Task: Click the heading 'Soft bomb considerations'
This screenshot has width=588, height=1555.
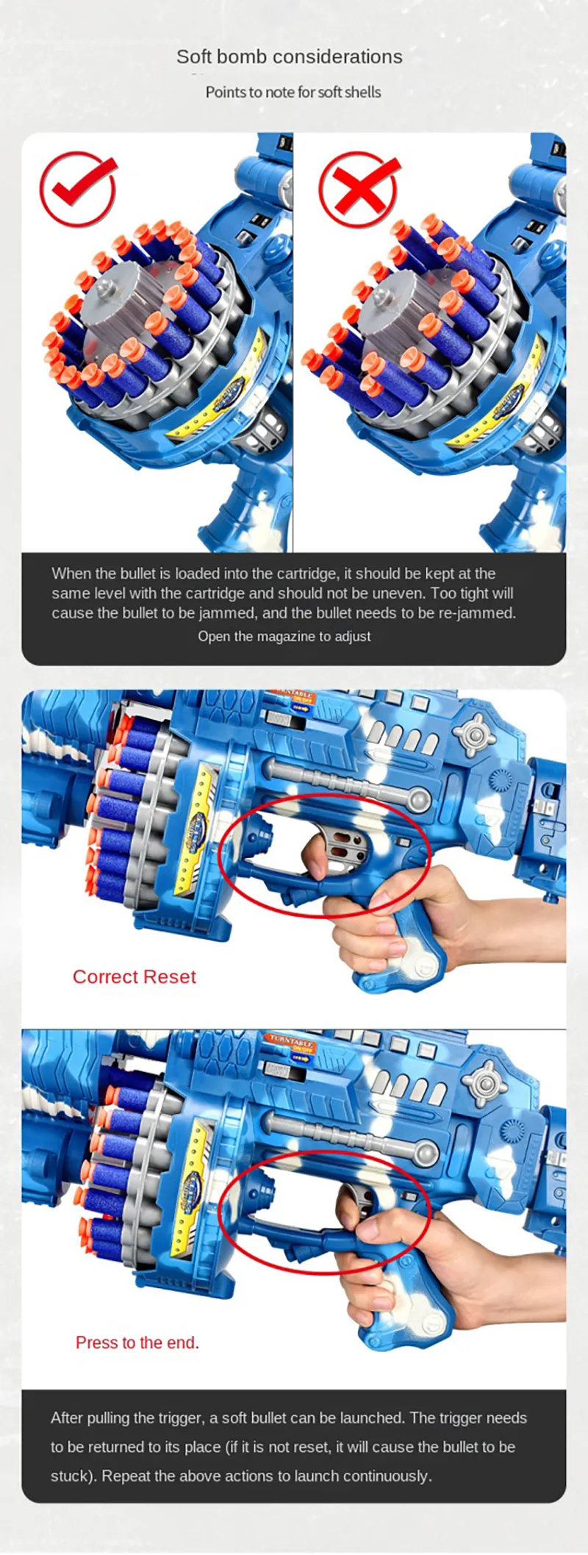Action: coord(290,57)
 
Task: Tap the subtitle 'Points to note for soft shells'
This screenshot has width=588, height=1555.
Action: coord(293,93)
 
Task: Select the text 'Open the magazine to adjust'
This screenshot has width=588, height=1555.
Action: coord(284,637)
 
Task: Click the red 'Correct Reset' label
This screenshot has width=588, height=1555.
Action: coord(135,977)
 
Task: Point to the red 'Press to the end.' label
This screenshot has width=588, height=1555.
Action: coord(137,1343)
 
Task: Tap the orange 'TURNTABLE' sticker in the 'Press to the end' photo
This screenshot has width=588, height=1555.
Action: coord(291,1045)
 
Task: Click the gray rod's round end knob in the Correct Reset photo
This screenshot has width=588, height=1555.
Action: coord(419,799)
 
